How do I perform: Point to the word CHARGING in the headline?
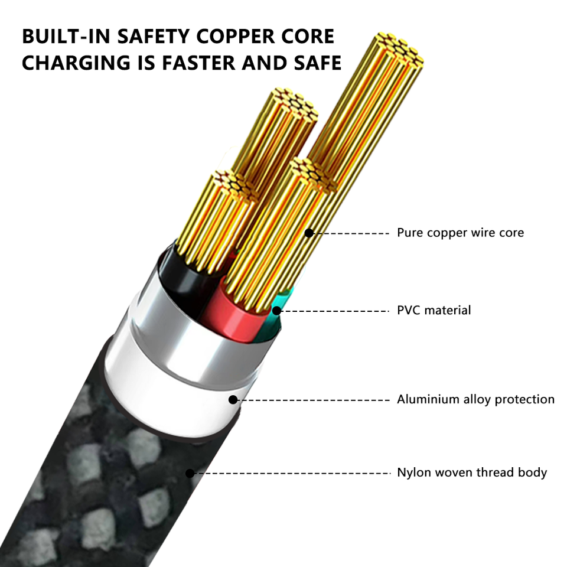click(70, 63)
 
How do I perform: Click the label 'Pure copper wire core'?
click(460, 233)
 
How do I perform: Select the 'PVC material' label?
click(434, 310)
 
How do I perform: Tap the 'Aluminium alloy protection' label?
click(475, 400)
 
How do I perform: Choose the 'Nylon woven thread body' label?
click(471, 472)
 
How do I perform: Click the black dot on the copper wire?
click(309, 233)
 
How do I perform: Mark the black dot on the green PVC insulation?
click(276, 310)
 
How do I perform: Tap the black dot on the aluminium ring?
click(233, 400)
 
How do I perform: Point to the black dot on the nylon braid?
click(190, 473)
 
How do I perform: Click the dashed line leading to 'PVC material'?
click(334, 310)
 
